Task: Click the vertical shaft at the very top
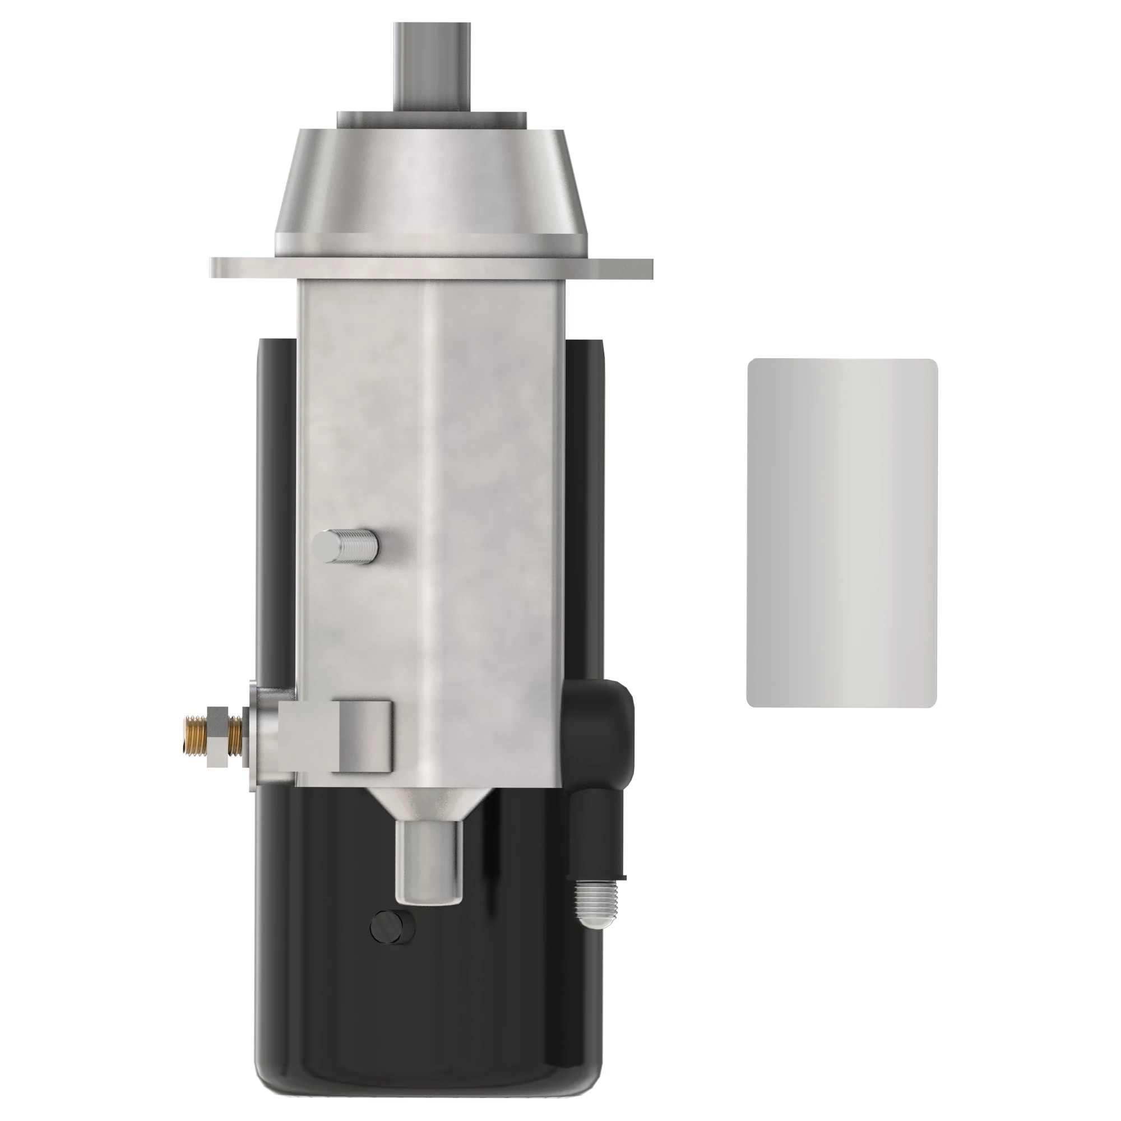432,64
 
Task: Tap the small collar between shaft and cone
432,119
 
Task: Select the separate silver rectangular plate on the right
842,532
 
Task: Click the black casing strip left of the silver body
277,493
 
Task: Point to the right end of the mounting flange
638,267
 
